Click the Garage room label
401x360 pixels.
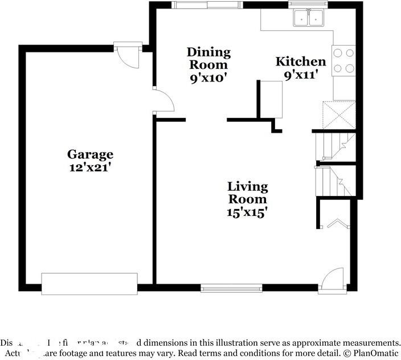[x=90, y=154]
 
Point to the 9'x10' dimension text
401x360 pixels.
[x=209, y=78]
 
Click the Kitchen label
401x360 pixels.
[x=301, y=62]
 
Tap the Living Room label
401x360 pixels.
[x=247, y=193]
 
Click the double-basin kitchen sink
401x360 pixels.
[x=308, y=19]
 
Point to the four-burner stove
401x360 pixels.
[x=343, y=60]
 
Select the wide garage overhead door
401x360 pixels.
[x=89, y=283]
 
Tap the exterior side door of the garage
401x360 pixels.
[x=128, y=55]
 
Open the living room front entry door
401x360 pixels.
[x=332, y=280]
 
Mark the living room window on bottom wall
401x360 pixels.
[x=231, y=288]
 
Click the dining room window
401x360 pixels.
[x=207, y=5]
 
